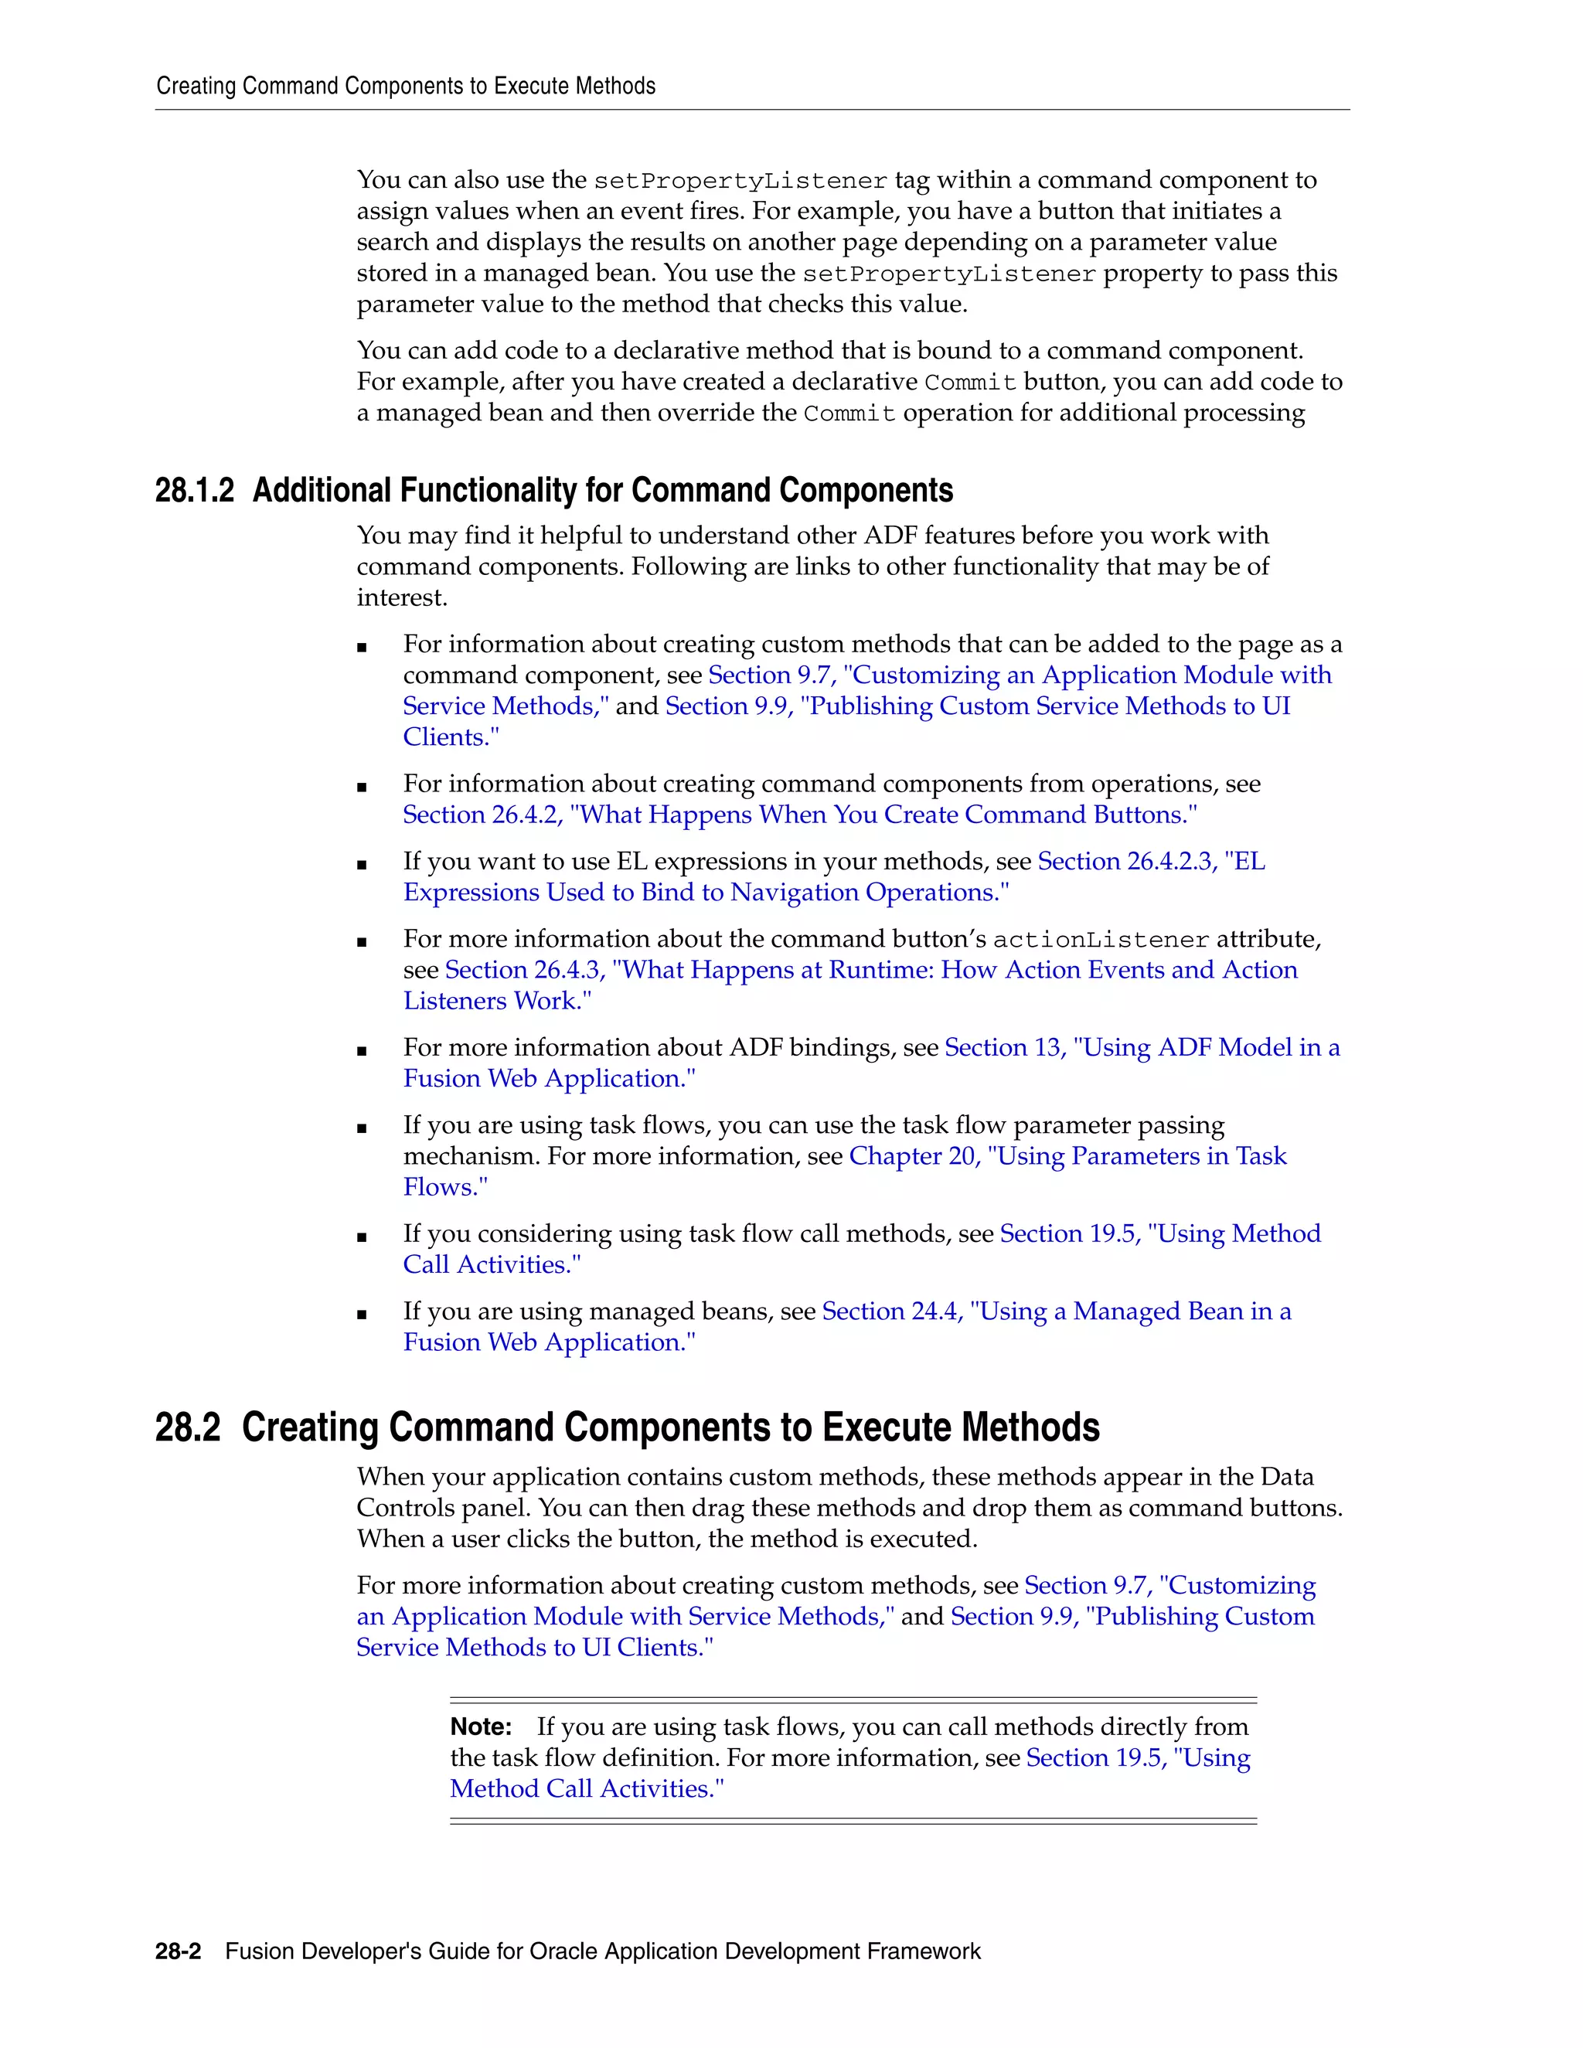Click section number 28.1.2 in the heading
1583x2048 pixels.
pyautogui.click(x=194, y=491)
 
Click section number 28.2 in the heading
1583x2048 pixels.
pyautogui.click(x=188, y=1427)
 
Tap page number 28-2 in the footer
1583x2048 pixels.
pyautogui.click(x=179, y=1951)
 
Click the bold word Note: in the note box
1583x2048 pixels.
pyautogui.click(x=481, y=1727)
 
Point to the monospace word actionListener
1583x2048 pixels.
pyautogui.click(x=1101, y=940)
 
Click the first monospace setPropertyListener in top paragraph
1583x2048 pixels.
pyautogui.click(x=740, y=181)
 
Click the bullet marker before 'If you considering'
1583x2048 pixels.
pyautogui.click(x=362, y=1238)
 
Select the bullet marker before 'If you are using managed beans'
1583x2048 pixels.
pyautogui.click(x=362, y=1315)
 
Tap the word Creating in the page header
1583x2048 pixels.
pyautogui.click(x=196, y=87)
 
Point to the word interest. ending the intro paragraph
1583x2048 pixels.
pyautogui.click(x=401, y=597)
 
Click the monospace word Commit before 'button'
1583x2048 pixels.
pyautogui.click(x=970, y=383)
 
